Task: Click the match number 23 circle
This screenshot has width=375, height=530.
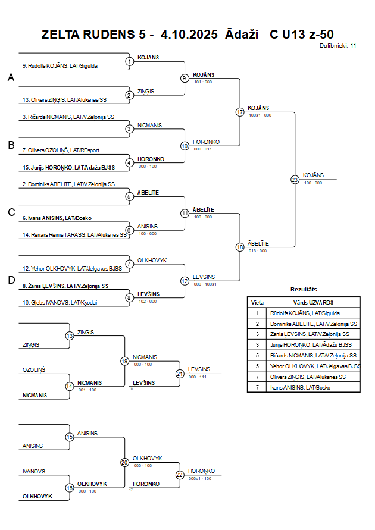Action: coord(295,180)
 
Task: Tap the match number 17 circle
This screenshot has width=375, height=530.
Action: coord(240,112)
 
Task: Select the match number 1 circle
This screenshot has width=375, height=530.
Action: coord(130,61)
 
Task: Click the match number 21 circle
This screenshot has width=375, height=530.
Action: coord(180,374)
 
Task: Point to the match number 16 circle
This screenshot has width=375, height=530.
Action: coord(70,488)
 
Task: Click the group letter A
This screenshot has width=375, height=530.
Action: coord(11,77)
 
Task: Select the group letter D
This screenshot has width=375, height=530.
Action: coord(11,280)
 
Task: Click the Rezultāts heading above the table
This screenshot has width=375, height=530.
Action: coord(304,290)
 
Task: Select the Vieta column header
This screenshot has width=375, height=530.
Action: coord(258,302)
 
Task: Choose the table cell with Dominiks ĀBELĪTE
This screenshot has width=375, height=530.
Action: coord(313,324)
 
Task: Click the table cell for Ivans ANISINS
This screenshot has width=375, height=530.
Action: coord(301,388)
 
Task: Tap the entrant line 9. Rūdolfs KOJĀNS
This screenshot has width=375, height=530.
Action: coord(60,66)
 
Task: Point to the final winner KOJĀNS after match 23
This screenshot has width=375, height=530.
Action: coord(313,175)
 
